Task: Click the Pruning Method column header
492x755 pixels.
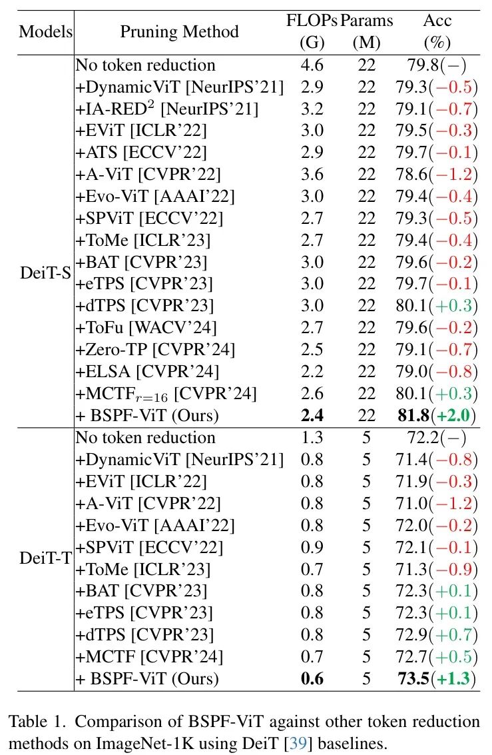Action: coord(179,31)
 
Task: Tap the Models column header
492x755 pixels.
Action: coord(45,31)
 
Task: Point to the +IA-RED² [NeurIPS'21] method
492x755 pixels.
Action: coord(167,108)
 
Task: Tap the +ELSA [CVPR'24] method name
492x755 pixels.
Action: coord(147,371)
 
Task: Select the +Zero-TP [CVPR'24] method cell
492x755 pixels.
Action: coord(155,349)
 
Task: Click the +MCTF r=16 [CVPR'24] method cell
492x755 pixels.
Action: coord(167,392)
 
